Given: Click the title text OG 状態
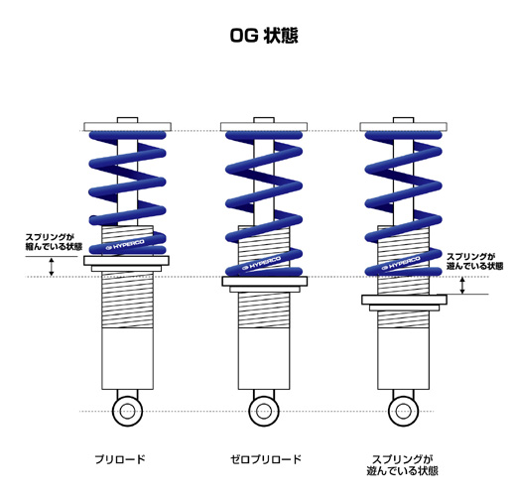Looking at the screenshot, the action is (264, 36).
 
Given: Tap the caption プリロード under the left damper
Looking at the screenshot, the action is (120, 459).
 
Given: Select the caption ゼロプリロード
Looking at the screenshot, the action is (266, 459).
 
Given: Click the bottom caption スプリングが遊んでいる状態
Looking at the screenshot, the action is (403, 465).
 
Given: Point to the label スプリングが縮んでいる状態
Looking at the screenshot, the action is (54, 242).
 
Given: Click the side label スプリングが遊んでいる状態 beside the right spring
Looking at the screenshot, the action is (474, 261).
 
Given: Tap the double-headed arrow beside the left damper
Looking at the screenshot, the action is (52, 267).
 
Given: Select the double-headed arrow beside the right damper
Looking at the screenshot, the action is (462, 286).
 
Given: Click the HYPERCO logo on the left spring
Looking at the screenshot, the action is (125, 245).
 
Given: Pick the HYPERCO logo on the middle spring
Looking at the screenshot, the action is (262, 263).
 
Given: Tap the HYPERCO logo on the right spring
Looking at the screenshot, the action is (401, 263).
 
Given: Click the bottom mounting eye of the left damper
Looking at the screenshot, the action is (127, 412).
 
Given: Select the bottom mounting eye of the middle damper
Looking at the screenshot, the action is (264, 412).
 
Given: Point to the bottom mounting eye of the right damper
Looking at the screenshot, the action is (404, 412).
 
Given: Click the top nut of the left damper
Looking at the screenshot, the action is (127, 120).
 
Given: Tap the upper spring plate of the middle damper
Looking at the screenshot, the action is (264, 127).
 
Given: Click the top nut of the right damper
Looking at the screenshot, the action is (404, 120).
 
